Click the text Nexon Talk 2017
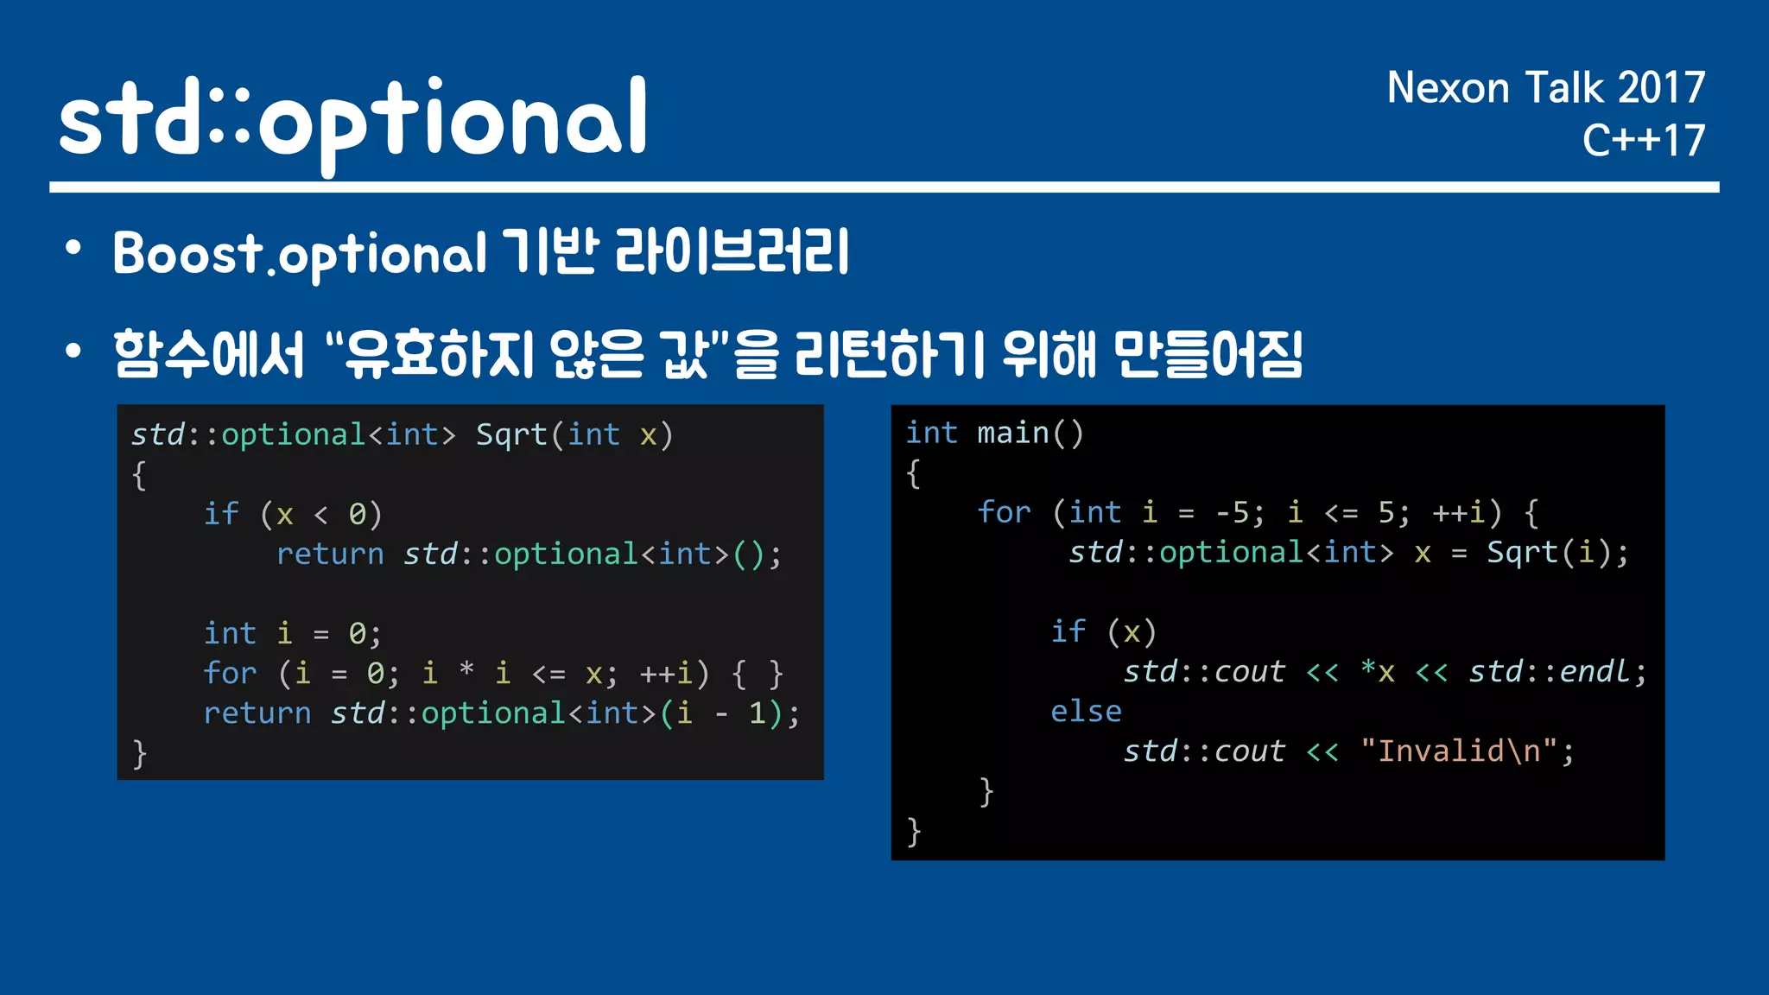[1544, 88]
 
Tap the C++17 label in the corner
[1643, 141]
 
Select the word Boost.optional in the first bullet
[300, 255]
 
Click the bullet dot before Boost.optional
[73, 250]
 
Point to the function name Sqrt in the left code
[511, 434]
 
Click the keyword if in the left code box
[221, 514]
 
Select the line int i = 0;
[292, 633]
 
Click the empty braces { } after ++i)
[758, 674]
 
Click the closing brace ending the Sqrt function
[139, 754]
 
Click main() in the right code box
[1030, 433]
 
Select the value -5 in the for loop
[1232, 513]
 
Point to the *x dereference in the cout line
[1377, 672]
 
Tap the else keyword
[1086, 712]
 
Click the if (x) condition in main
[1103, 632]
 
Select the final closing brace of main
[914, 832]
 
